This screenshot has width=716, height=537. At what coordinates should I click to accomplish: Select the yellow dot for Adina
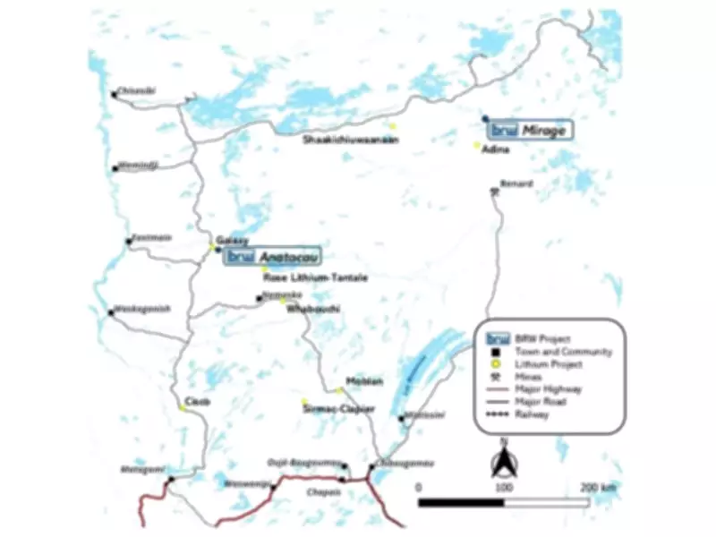[478, 146]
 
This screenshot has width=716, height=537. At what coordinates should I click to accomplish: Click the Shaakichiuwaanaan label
[350, 140]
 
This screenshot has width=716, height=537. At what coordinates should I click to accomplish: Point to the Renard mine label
[516, 183]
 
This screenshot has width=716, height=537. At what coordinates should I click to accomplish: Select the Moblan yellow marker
[340, 390]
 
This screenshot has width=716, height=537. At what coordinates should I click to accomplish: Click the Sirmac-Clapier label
[340, 408]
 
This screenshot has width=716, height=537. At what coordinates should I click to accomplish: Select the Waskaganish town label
[140, 309]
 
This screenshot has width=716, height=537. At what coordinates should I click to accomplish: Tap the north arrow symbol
[503, 462]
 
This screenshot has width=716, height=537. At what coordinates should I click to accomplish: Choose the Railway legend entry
[532, 414]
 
